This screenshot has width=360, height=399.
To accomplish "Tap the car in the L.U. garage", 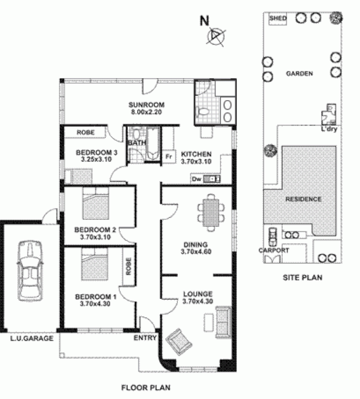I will coord(28,269).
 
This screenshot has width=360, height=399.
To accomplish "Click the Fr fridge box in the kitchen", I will coord(169,156).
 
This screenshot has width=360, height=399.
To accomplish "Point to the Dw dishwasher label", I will coord(196,179).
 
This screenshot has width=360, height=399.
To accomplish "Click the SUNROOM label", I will coord(146,105).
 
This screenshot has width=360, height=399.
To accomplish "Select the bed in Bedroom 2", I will coord(96,204).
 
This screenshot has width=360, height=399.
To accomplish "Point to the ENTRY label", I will coord(145,338).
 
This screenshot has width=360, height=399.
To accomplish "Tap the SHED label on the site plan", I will coord(278,18).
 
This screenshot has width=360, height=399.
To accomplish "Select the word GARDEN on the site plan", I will coord(299,74).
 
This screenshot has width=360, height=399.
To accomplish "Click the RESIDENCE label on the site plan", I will coord(303,199).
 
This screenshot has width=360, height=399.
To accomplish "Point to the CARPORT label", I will coord(273,250).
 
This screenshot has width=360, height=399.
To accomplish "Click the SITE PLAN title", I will coord(302,278).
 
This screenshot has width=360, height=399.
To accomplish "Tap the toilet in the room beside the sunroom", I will coord(203,110).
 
